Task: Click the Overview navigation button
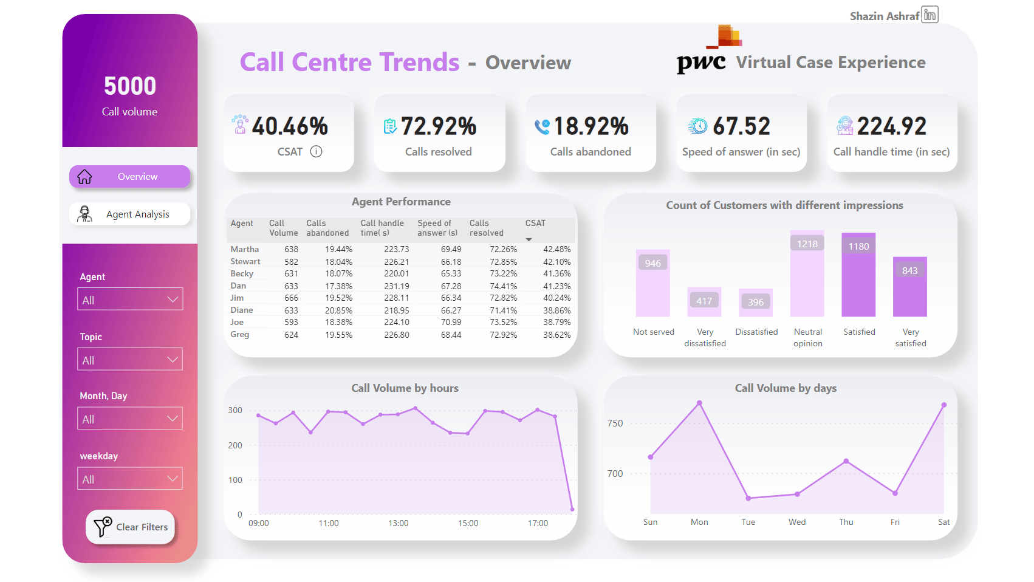pyautogui.click(x=129, y=177)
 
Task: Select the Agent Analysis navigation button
pyautogui.click(x=129, y=214)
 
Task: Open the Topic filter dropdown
pyautogui.click(x=130, y=360)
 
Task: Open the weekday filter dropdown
pyautogui.click(x=130, y=479)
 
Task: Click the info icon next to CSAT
pyautogui.click(x=316, y=152)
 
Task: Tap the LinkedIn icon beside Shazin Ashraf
pyautogui.click(x=930, y=15)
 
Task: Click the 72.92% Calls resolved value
pyautogui.click(x=439, y=126)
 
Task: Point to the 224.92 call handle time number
pyautogui.click(x=891, y=126)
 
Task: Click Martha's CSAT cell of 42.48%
pyautogui.click(x=556, y=250)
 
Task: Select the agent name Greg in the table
pyautogui.click(x=240, y=335)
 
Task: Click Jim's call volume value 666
pyautogui.click(x=292, y=298)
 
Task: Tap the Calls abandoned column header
pyautogui.click(x=327, y=228)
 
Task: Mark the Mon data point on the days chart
pyautogui.click(x=699, y=403)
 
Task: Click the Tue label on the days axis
pyautogui.click(x=748, y=522)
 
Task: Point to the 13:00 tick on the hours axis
pyautogui.click(x=399, y=524)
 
